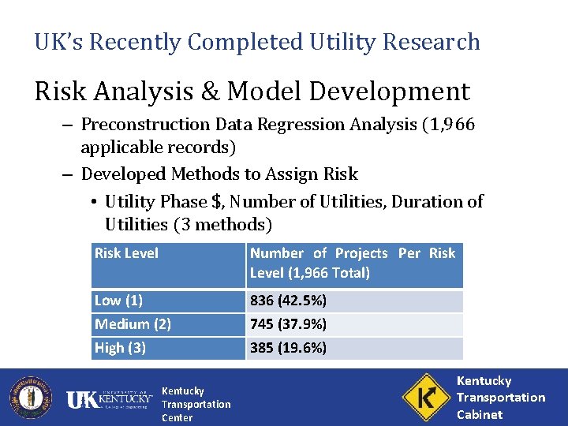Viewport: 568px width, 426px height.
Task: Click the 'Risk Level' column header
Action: [x=126, y=253]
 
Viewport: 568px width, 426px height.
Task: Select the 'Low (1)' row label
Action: [x=118, y=301]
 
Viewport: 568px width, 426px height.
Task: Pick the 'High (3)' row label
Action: [x=120, y=348]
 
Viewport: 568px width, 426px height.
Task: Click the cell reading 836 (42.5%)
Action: [x=288, y=301]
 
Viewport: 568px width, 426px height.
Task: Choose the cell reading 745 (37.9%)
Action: [x=288, y=324]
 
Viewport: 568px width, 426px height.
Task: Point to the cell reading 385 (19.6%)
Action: [x=288, y=348]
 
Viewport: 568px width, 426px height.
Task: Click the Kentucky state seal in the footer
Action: [x=30, y=397]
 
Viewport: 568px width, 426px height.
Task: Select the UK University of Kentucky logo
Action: [x=110, y=400]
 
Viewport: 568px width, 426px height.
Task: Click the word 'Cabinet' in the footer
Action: [x=480, y=414]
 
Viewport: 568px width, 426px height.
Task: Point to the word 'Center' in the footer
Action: [x=177, y=417]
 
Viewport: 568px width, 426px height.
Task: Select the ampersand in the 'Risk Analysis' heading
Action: [x=211, y=92]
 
